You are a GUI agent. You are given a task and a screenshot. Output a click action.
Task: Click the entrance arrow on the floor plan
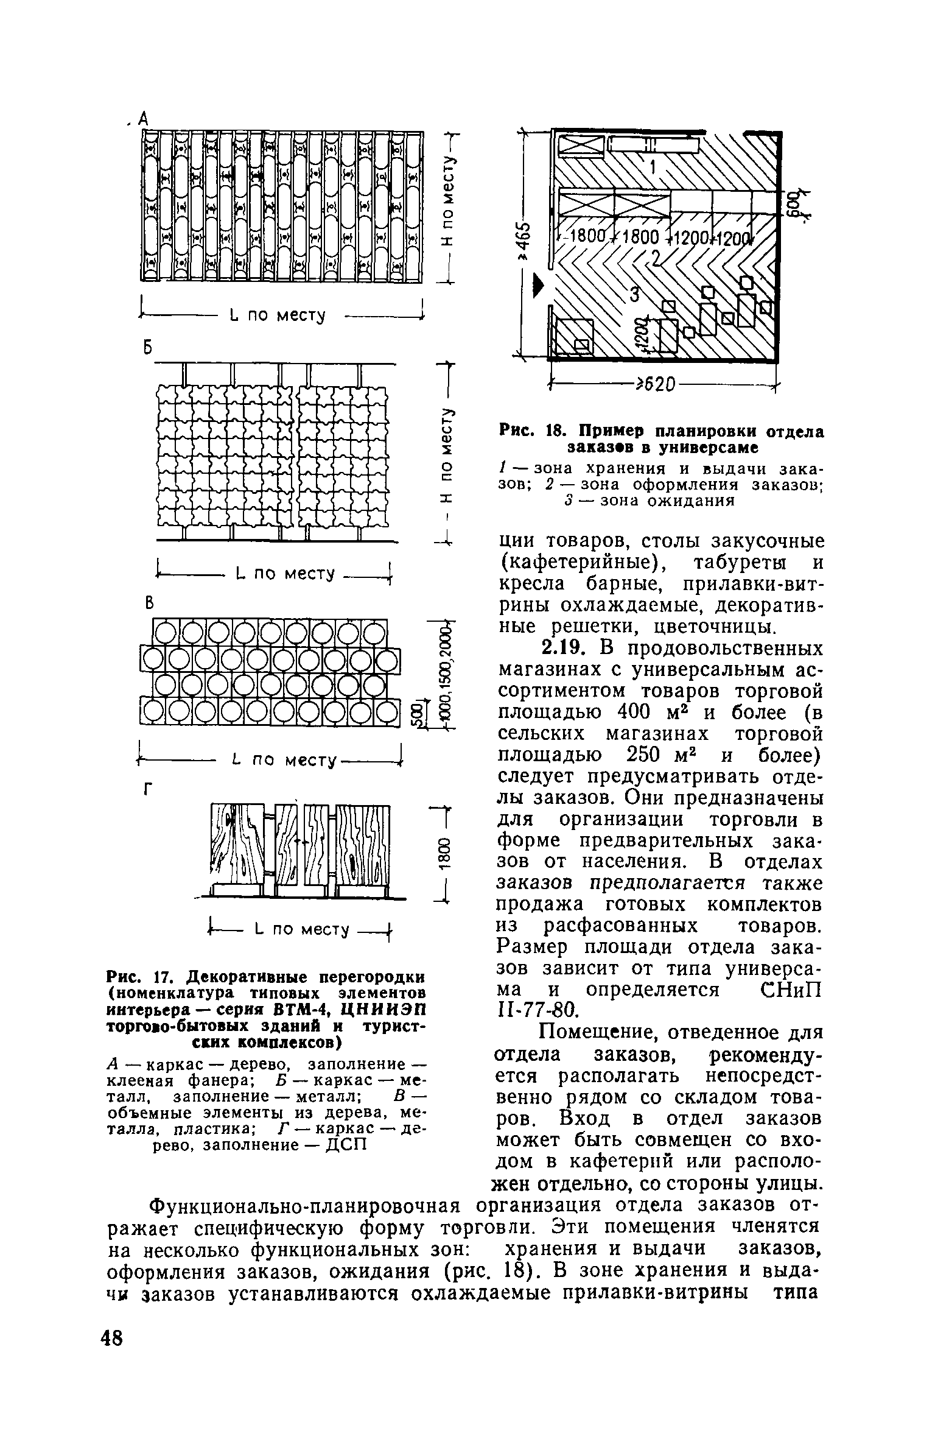pos(536,284)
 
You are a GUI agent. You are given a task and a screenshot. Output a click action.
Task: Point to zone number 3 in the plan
pos(634,295)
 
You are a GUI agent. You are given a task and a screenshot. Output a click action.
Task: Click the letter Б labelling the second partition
pos(146,347)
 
